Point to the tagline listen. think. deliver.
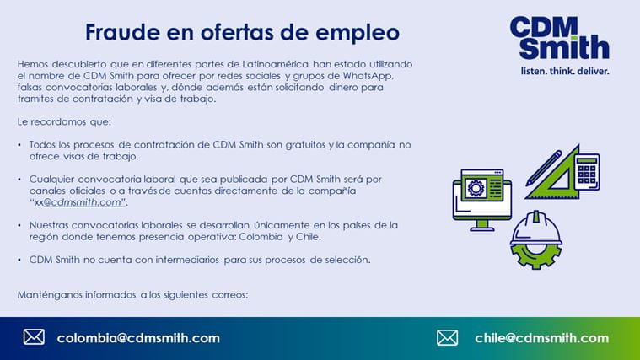point(565,71)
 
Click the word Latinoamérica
point(276,64)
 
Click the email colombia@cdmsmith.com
point(138,338)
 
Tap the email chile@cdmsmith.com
point(541,338)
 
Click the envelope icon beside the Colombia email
point(34,337)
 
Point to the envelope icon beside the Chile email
point(448,337)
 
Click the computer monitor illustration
point(482,200)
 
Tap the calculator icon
point(587,172)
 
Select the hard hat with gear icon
point(536,240)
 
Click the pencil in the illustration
point(543,168)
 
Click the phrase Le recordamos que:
point(64,121)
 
